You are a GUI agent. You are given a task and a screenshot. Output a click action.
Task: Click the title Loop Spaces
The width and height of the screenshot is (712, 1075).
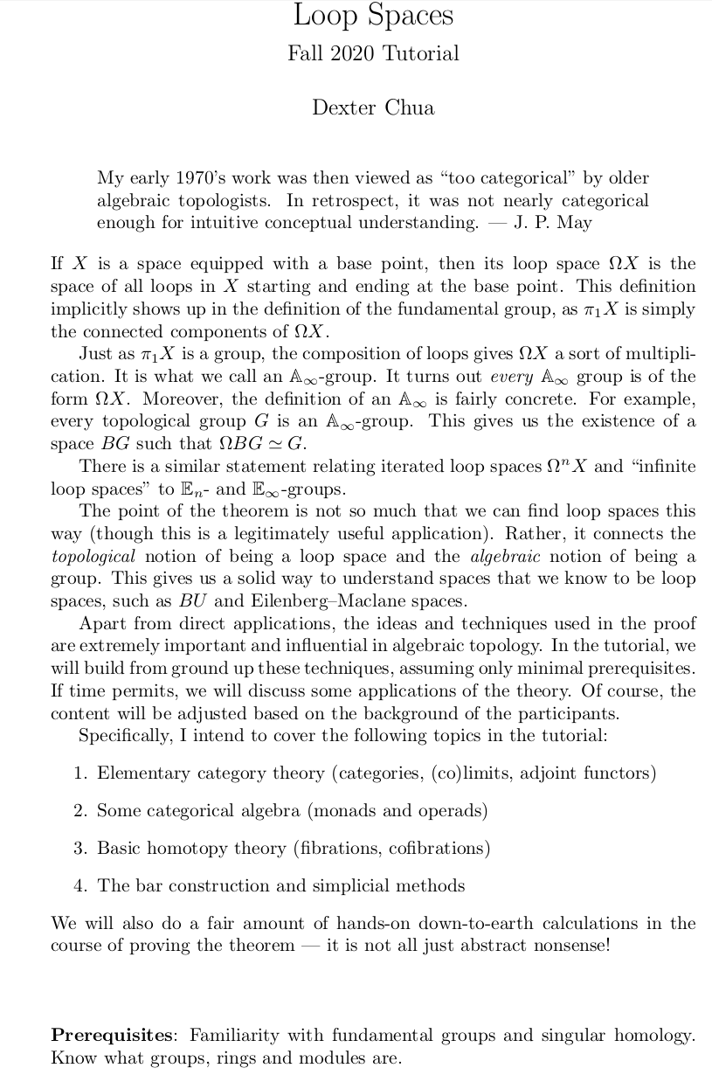pos(373,16)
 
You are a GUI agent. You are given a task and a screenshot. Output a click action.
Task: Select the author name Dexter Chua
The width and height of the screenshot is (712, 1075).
pos(373,107)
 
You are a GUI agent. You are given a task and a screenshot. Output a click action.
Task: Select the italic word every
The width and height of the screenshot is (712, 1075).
pos(511,377)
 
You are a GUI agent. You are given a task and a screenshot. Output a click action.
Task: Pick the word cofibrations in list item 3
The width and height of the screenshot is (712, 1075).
pos(435,848)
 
